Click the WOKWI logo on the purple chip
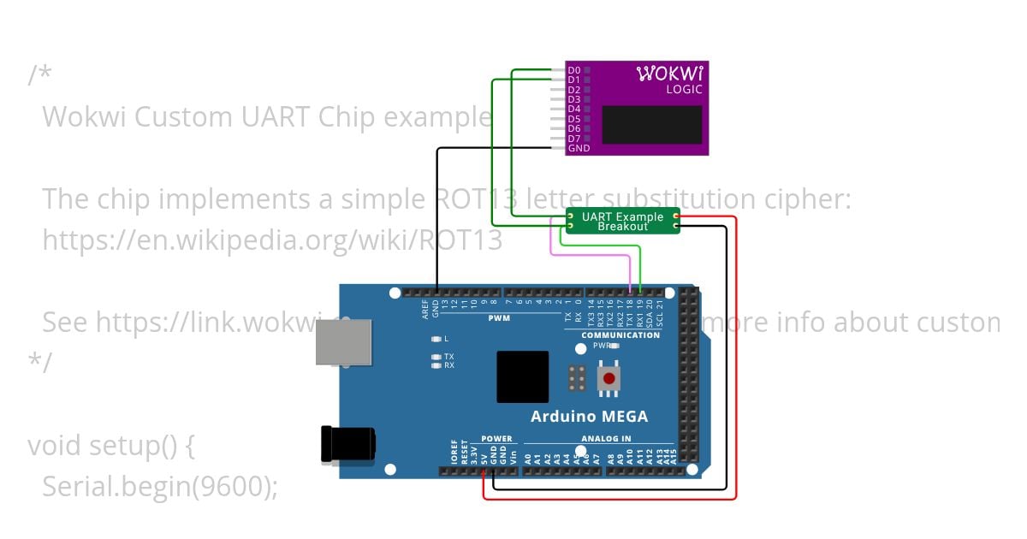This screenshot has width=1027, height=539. click(670, 74)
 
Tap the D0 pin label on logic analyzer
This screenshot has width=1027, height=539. click(574, 70)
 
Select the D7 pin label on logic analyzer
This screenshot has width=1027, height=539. click(574, 139)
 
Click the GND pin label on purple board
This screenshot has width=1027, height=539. click(579, 149)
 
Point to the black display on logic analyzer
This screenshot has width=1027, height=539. click(652, 125)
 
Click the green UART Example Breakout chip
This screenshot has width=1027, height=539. click(622, 221)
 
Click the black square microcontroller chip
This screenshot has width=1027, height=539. click(523, 376)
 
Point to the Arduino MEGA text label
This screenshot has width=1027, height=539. click(589, 417)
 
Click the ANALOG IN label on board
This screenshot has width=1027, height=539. click(606, 439)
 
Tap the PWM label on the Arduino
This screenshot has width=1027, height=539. click(498, 317)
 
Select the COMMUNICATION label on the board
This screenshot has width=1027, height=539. click(620, 335)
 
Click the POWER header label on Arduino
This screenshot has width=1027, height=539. click(496, 439)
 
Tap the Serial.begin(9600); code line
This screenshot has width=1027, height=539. click(160, 486)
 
